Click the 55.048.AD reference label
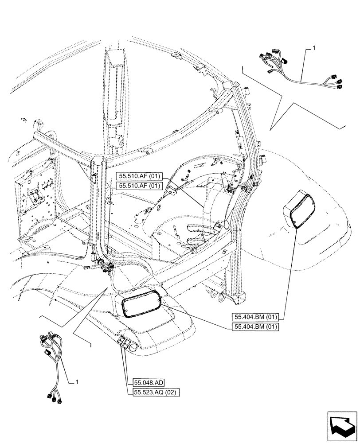point(148,382)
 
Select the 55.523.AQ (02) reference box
point(155,392)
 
